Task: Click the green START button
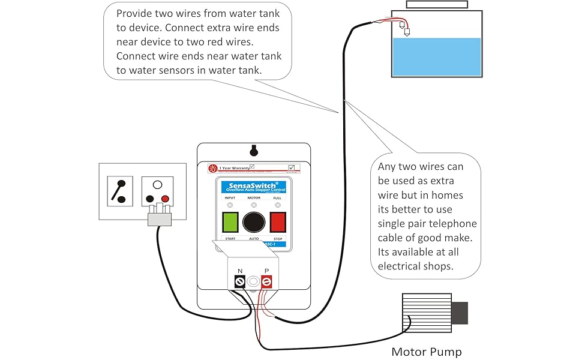click(230, 221)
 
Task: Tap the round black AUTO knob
click(254, 222)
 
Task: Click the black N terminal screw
click(240, 281)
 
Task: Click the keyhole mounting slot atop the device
click(254, 149)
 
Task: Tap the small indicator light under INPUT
click(230, 205)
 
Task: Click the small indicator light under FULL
click(277, 205)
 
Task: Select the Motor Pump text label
click(427, 352)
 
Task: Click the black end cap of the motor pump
click(459, 313)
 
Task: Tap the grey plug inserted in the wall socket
click(160, 217)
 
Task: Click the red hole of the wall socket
click(165, 199)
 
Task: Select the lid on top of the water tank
click(436, 4)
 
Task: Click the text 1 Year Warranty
click(233, 168)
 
